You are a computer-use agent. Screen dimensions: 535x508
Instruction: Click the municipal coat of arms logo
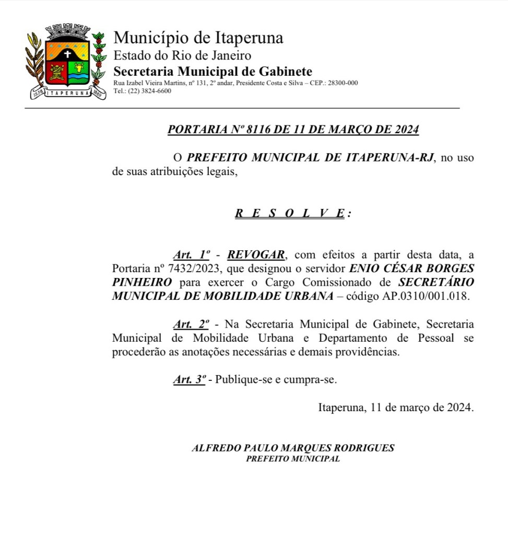[x=66, y=62]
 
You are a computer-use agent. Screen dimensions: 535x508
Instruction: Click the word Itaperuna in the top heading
[x=249, y=38]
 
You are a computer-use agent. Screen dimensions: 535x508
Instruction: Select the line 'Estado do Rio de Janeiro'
[x=182, y=55]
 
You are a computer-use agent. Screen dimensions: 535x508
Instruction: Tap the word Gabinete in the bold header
[x=287, y=72]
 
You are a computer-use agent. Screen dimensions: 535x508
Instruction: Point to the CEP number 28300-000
[x=342, y=83]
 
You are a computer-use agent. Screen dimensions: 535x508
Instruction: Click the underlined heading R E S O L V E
[x=289, y=213]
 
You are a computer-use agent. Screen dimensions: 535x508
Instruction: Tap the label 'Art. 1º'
[x=191, y=255]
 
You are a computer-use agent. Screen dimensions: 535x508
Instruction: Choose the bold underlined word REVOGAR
[x=256, y=255]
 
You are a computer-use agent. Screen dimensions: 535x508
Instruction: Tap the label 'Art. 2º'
[x=191, y=324]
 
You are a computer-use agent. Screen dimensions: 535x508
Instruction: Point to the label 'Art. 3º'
[x=190, y=380]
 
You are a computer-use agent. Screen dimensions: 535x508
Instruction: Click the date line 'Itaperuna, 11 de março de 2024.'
[x=396, y=408]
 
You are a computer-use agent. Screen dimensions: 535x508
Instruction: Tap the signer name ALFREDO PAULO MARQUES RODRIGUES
[x=293, y=448]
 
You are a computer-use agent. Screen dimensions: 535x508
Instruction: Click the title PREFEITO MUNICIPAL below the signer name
[x=293, y=459]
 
